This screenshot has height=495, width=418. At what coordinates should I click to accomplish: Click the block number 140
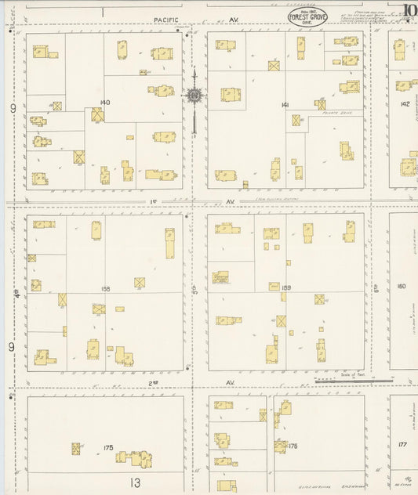(x=106, y=103)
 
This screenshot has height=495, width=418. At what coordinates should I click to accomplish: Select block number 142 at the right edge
(x=405, y=103)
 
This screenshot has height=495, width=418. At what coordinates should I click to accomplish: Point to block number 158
(x=106, y=288)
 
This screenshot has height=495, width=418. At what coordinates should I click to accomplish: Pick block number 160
(x=402, y=286)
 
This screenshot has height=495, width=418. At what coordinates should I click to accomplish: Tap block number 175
(x=108, y=447)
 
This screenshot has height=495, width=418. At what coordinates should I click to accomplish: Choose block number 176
(x=293, y=446)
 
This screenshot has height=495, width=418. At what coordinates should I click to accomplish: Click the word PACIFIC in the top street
(x=166, y=19)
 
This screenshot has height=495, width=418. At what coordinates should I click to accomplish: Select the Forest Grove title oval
(x=308, y=16)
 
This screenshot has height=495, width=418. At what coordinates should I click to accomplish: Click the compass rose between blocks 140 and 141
(x=193, y=96)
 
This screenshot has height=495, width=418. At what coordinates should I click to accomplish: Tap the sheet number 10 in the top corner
(x=409, y=10)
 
